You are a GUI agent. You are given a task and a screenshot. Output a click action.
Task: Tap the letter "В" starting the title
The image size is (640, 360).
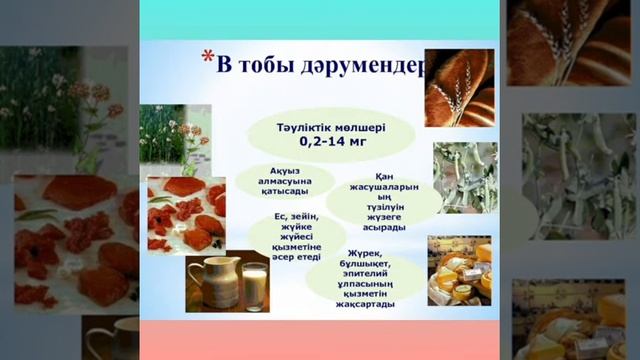tap(225, 67)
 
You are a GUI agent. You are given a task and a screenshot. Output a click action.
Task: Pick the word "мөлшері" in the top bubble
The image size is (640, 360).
tap(357, 127)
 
